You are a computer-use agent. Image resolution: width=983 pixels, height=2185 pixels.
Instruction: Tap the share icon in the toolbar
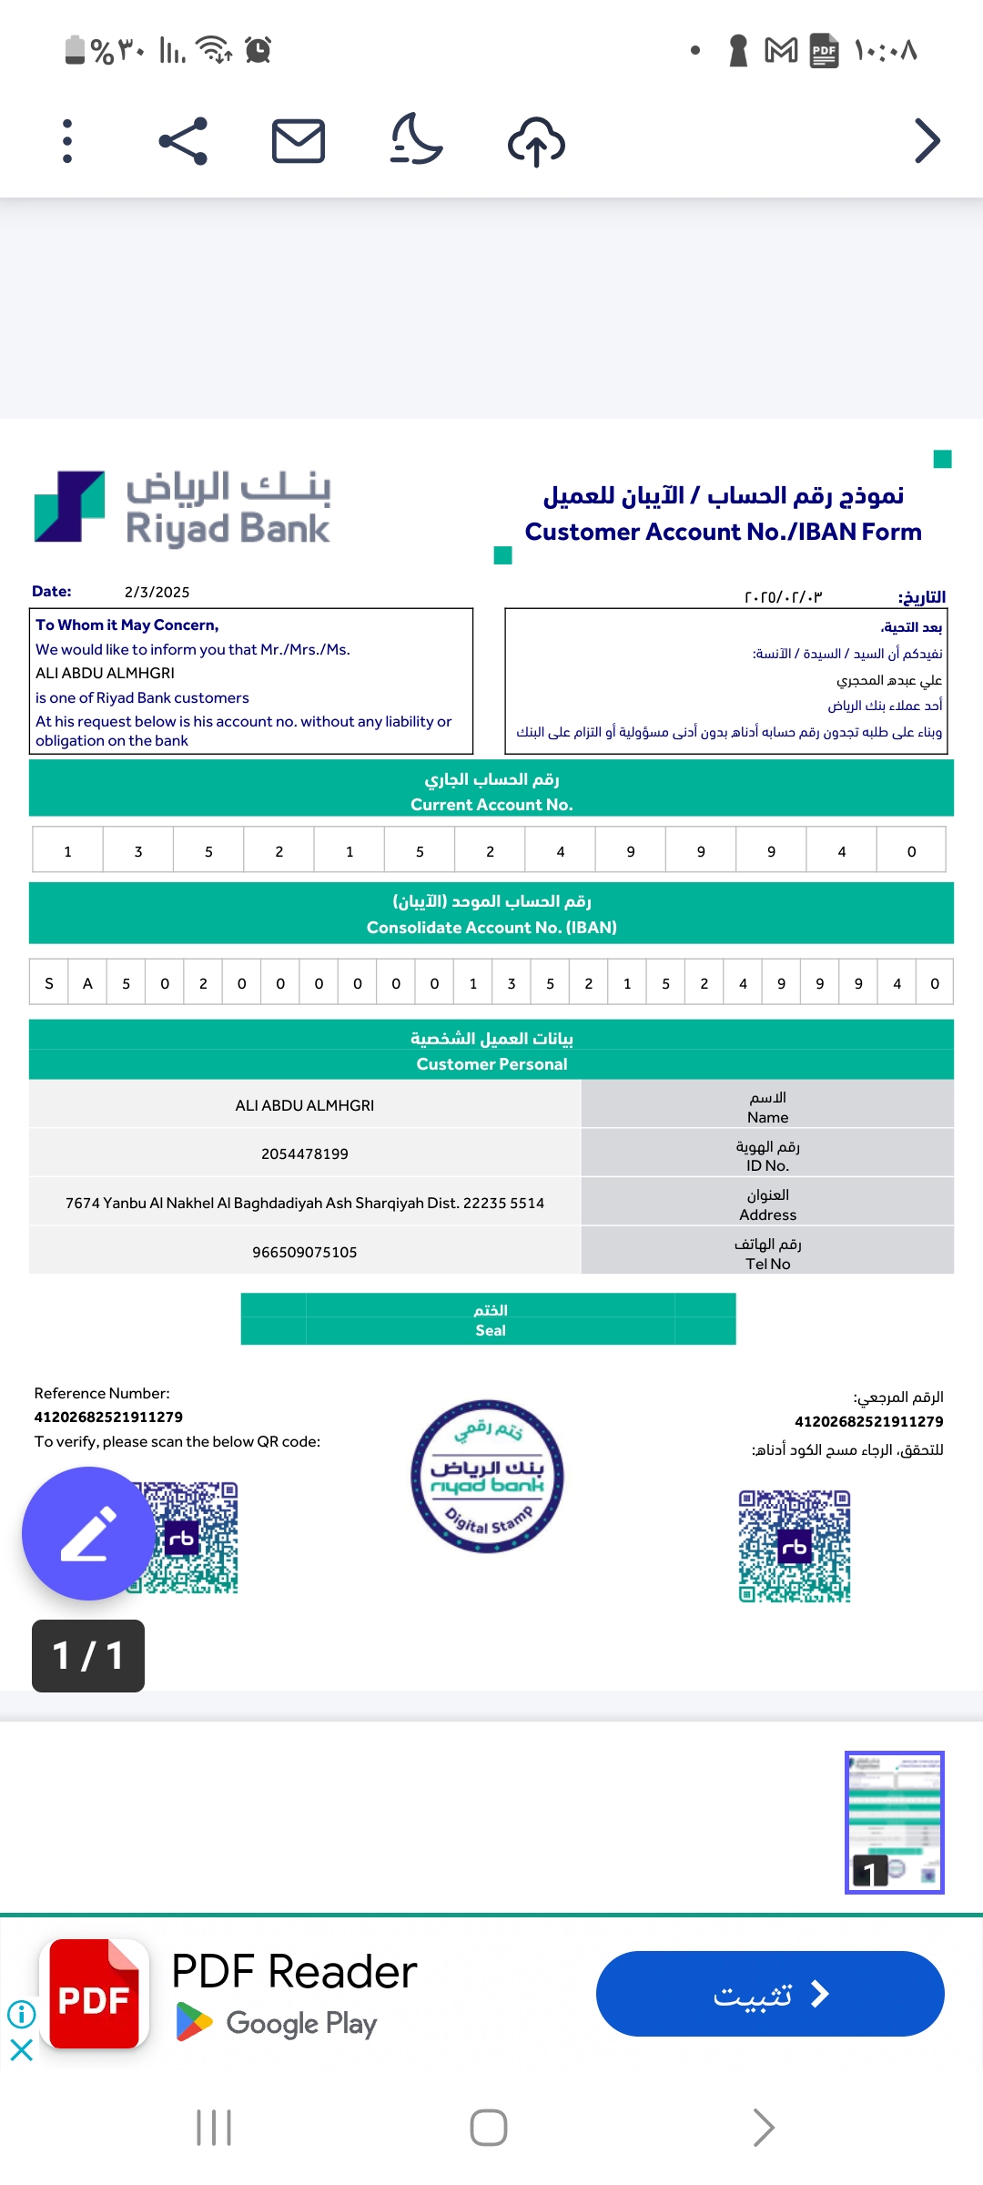point(183,141)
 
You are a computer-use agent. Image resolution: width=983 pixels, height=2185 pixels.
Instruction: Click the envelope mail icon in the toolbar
point(299,141)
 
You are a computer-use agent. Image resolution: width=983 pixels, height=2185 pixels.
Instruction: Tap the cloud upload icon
point(536,142)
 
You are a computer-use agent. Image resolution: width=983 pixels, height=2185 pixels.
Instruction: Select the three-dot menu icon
point(67,141)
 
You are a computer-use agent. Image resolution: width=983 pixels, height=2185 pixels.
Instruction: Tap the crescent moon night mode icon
point(416,139)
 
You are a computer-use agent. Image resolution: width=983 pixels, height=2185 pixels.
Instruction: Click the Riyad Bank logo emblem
point(69,506)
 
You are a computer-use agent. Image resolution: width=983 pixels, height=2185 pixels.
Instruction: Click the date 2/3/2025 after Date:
point(157,592)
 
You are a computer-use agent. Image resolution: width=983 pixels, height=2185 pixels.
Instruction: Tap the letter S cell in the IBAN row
point(49,983)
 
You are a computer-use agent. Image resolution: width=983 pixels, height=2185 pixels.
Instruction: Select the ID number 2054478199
point(305,1153)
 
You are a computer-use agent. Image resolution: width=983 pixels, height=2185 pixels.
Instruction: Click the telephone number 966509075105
point(305,1252)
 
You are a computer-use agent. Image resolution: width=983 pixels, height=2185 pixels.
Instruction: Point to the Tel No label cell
point(767,1254)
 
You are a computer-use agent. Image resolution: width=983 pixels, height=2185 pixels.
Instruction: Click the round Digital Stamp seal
point(487,1476)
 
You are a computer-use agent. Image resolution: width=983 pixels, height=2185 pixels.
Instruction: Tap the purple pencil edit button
point(88,1533)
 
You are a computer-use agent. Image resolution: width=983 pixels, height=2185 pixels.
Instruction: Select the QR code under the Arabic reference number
point(795,1546)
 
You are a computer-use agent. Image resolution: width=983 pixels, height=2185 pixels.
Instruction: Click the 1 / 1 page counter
point(88,1655)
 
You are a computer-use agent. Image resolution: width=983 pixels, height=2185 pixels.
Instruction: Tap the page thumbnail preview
point(894,1822)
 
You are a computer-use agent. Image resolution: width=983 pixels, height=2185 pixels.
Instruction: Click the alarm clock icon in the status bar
point(258,49)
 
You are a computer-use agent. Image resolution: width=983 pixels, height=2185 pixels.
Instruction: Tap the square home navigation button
point(489,2128)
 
